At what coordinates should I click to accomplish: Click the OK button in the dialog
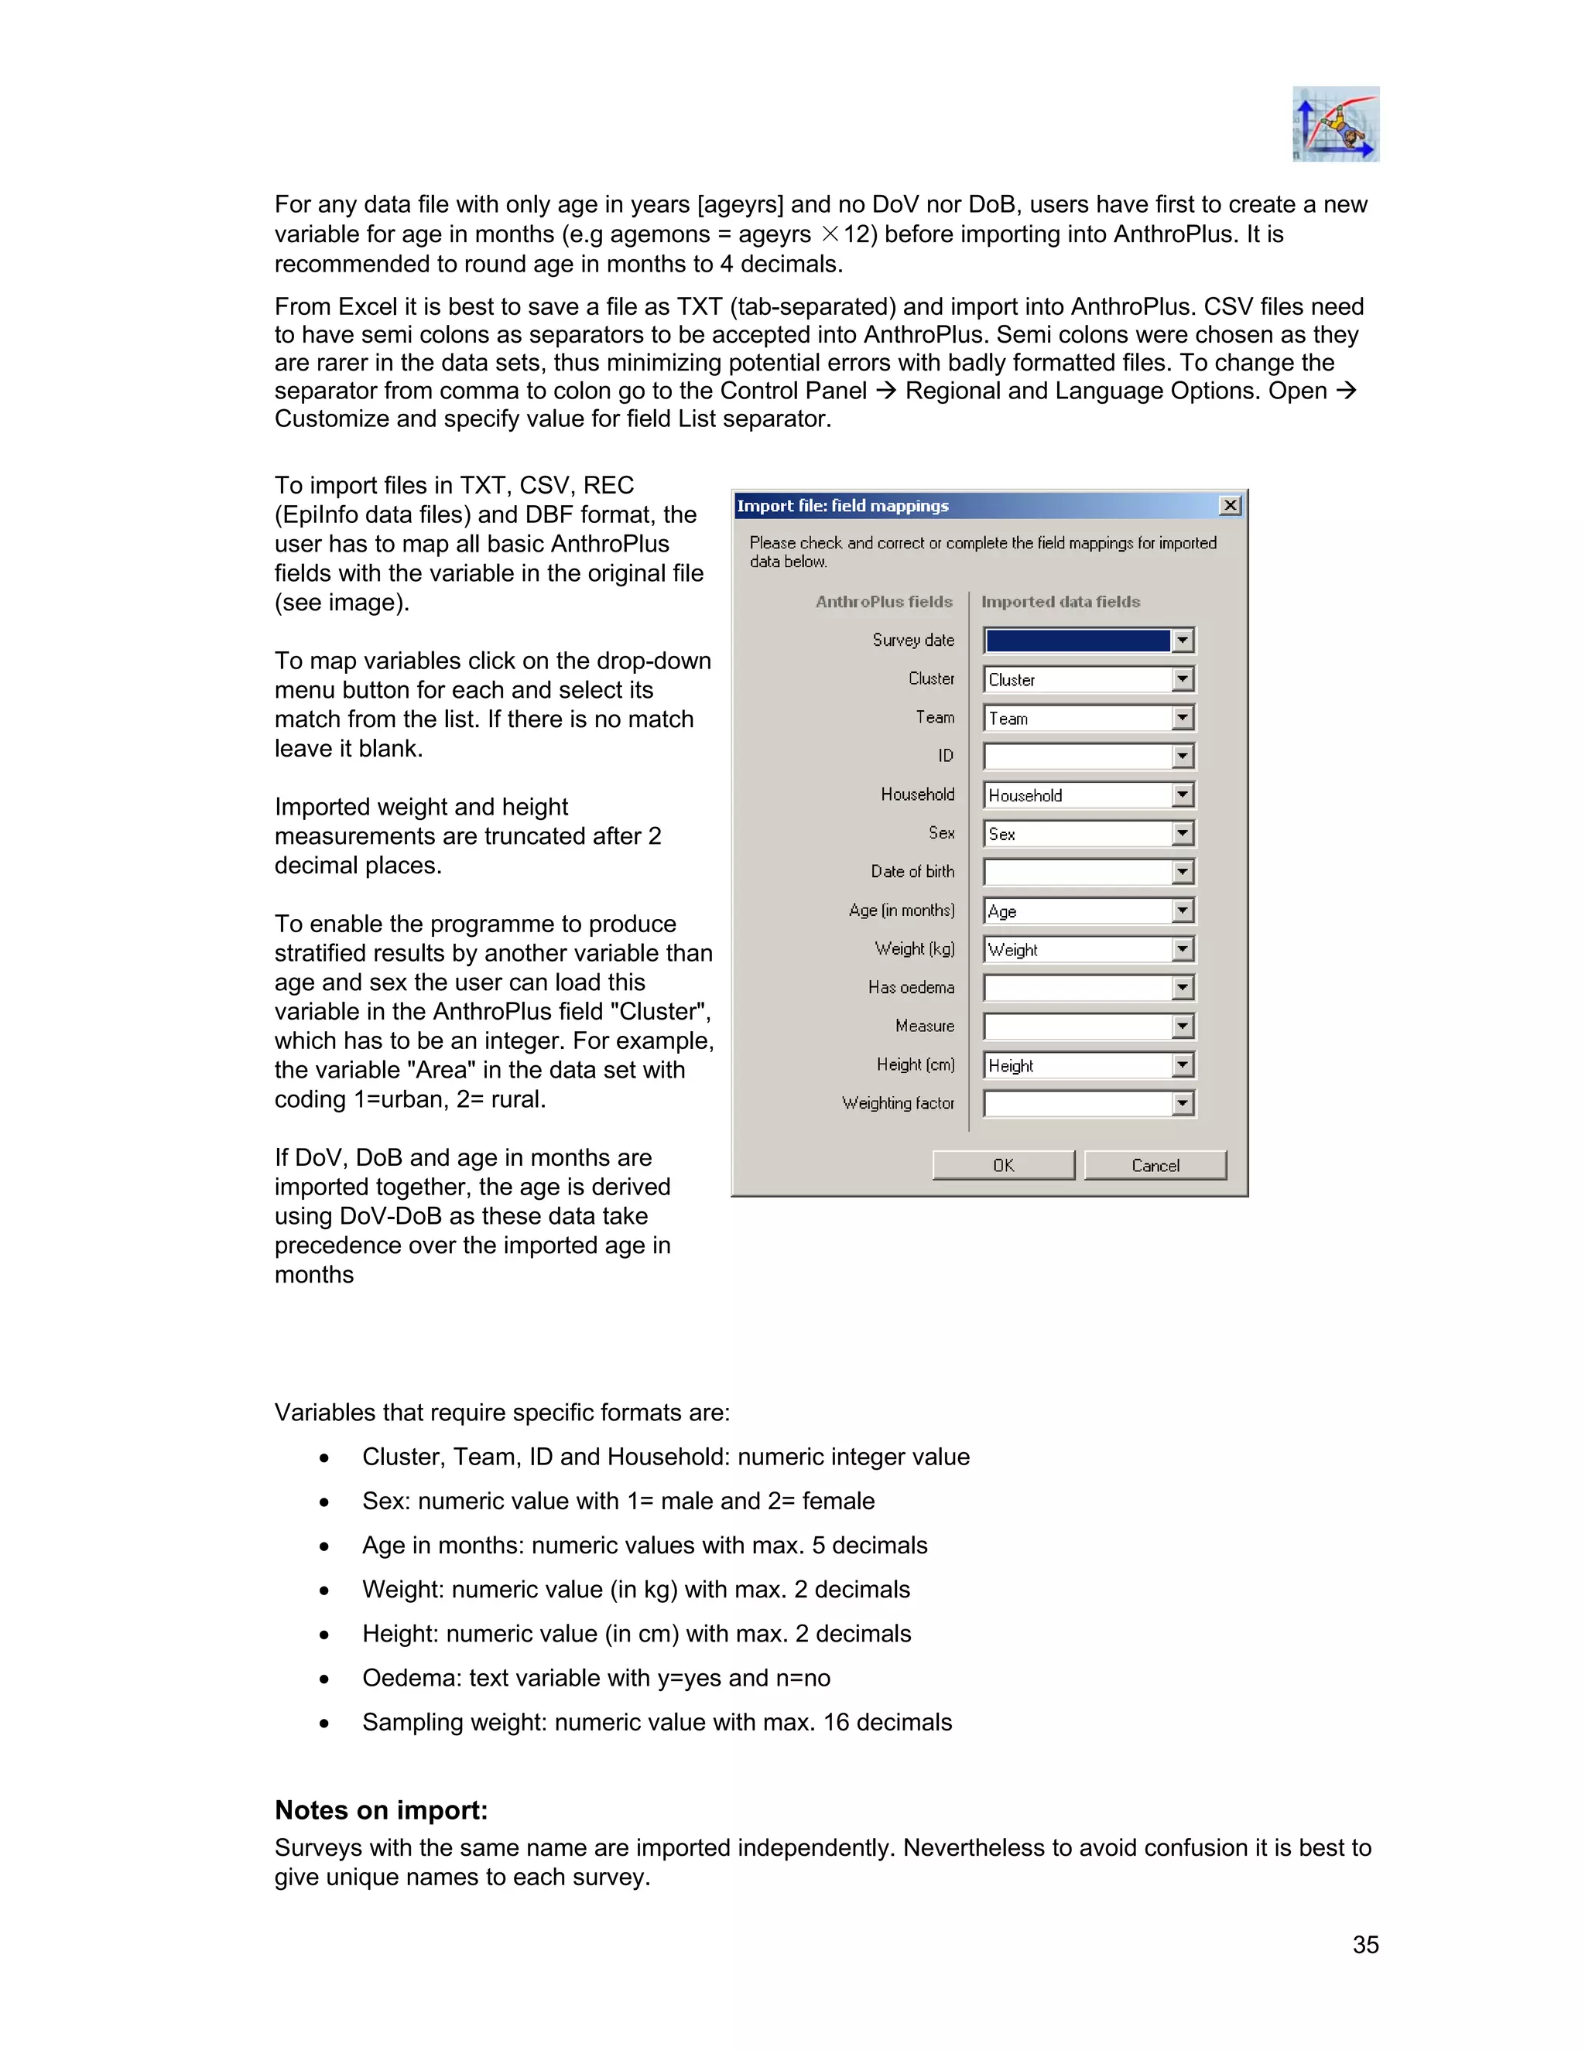point(1003,1165)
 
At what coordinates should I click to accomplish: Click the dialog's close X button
point(1230,505)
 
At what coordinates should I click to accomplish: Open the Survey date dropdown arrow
point(1183,641)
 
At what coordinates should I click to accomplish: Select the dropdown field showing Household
point(1077,795)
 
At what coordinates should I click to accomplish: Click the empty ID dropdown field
point(1077,757)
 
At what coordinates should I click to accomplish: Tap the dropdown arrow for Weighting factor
point(1183,1104)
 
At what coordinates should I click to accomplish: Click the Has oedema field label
point(911,987)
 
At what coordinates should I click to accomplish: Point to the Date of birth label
point(912,872)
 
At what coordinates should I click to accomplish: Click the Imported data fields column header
point(1060,602)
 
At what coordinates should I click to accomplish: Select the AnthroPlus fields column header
point(884,602)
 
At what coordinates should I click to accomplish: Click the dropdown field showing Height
point(1077,1065)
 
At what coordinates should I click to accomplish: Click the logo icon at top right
point(1335,124)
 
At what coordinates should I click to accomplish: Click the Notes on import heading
point(382,1809)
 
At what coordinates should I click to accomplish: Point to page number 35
point(1365,1944)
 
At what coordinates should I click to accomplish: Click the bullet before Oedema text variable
point(324,1679)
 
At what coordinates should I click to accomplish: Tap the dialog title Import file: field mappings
point(842,506)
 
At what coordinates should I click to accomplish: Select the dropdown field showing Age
point(1077,911)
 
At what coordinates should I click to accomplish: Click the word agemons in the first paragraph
point(660,234)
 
